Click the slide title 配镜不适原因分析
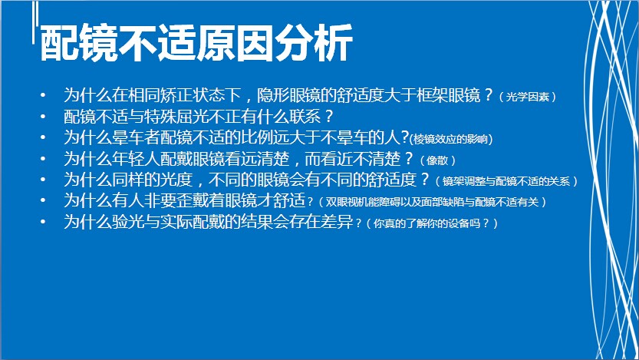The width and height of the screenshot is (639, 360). [196, 43]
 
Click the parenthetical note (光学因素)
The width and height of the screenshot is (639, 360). [527, 97]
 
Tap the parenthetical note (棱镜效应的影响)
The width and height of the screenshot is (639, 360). [451, 139]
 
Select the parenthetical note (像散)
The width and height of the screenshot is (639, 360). [437, 160]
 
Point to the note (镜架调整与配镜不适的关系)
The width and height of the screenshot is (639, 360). [506, 181]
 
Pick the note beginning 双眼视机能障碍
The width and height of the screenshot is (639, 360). [432, 202]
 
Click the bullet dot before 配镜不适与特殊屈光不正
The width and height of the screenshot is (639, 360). [43, 117]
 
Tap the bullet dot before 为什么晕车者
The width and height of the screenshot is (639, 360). [43, 138]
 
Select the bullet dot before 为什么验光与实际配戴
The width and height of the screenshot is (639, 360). [43, 222]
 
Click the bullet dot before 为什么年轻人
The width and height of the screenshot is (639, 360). [43, 159]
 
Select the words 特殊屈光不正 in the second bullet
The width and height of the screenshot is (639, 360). [192, 117]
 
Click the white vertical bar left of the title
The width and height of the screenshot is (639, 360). [35, 22]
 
